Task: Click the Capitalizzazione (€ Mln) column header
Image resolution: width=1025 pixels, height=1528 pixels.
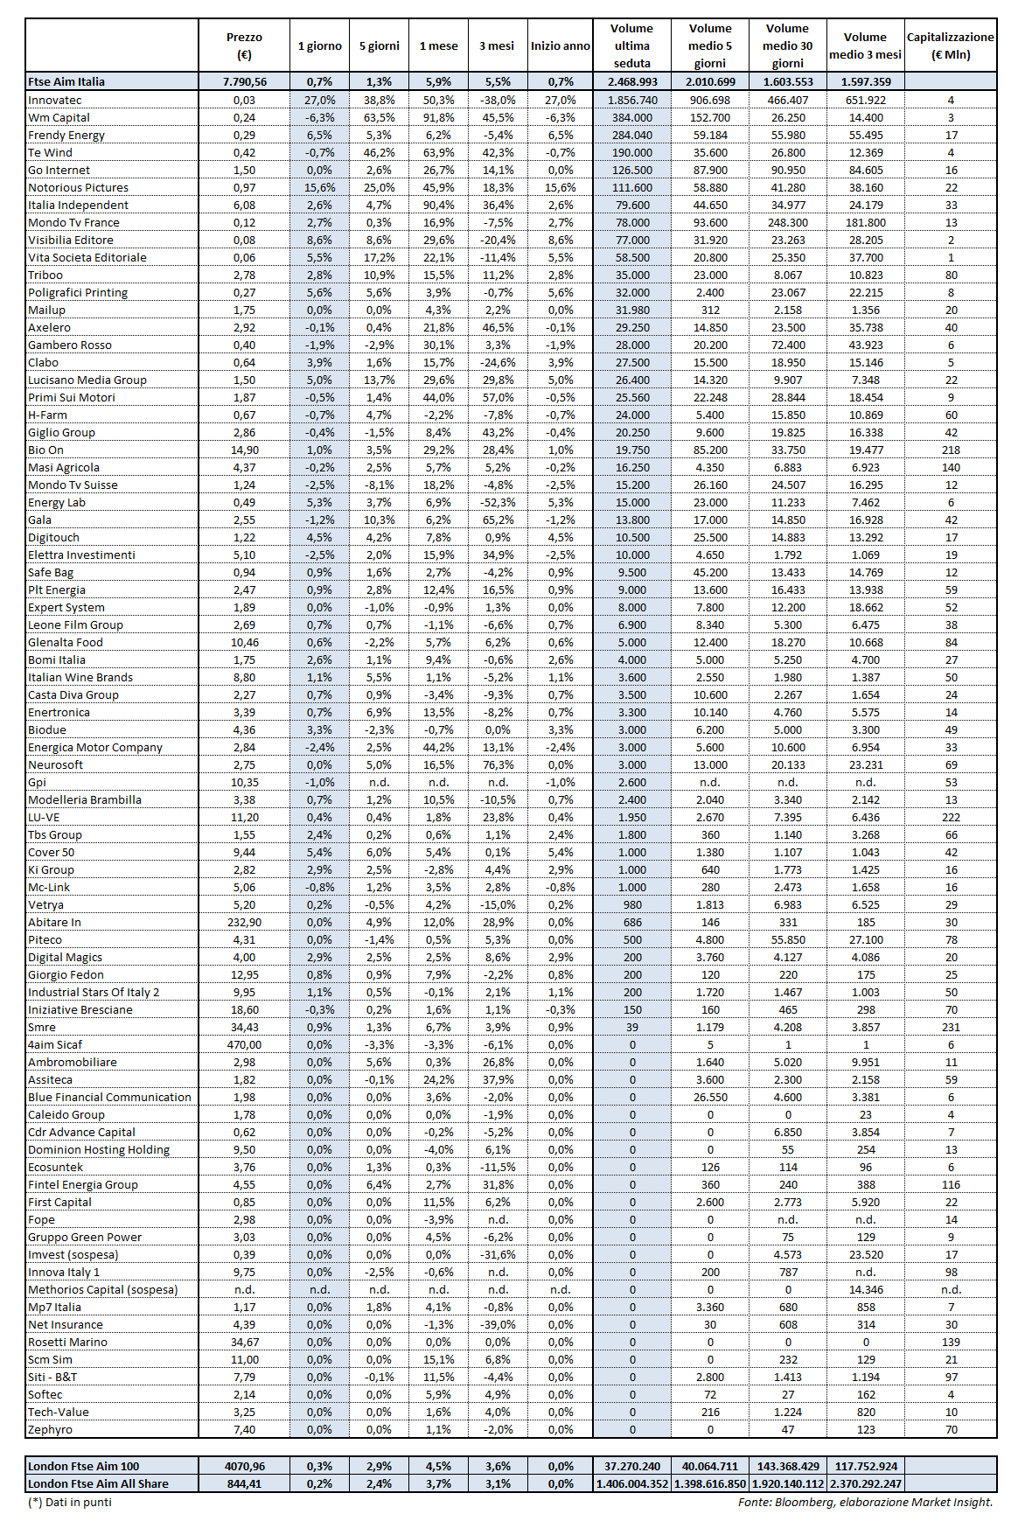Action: click(x=950, y=45)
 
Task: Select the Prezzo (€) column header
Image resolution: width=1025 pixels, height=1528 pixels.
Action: click(x=244, y=45)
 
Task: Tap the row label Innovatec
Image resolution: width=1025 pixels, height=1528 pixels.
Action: click(x=55, y=100)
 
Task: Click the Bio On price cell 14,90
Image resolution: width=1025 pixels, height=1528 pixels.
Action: click(x=245, y=450)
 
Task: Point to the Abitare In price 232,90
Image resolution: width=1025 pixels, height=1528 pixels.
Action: click(x=245, y=922)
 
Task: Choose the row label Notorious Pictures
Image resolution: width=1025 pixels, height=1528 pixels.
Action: click(x=78, y=187)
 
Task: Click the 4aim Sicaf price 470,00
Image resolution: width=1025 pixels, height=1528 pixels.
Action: click(x=245, y=1044)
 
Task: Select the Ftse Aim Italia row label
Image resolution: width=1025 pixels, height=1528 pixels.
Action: click(x=66, y=81)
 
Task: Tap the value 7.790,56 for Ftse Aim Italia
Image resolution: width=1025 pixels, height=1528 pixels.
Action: click(x=245, y=81)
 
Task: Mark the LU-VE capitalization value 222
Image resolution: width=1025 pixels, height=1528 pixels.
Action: click(x=951, y=817)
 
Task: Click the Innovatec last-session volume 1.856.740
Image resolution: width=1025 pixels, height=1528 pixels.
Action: click(x=632, y=100)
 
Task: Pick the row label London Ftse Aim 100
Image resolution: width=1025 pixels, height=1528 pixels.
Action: click(x=83, y=1466)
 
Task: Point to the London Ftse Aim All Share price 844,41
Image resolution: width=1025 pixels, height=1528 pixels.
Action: click(x=245, y=1483)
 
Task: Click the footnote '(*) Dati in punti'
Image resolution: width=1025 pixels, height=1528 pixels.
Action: click(x=70, y=1502)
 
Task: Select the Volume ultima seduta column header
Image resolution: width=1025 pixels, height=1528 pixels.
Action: click(x=632, y=45)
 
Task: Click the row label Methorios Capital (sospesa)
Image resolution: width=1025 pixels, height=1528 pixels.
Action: click(x=102, y=1289)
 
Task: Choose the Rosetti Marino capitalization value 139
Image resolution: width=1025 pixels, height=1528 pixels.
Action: click(x=951, y=1342)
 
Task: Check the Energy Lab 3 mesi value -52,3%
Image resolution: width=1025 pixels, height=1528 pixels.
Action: click(x=498, y=502)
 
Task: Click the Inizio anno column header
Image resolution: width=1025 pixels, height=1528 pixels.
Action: click(x=560, y=45)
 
